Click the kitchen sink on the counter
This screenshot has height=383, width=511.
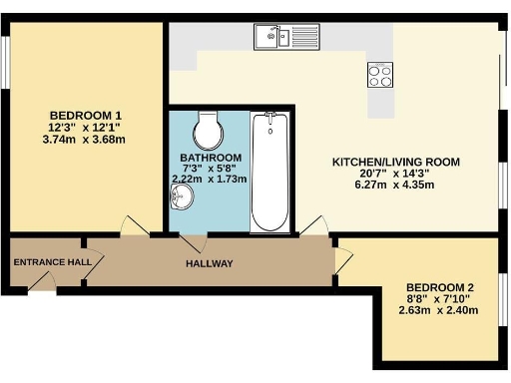pyautogui.click(x=272, y=38)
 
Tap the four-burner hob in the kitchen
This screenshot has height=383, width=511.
pyautogui.click(x=381, y=74)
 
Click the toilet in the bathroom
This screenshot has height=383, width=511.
pyautogui.click(x=208, y=127)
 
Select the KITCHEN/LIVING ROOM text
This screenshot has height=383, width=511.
pyautogui.click(x=395, y=161)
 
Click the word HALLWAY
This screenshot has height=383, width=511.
pyautogui.click(x=210, y=263)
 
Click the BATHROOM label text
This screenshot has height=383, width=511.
pyautogui.click(x=211, y=159)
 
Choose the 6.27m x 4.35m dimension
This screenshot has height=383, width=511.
pyautogui.click(x=395, y=187)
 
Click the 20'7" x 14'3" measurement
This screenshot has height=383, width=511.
pyautogui.click(x=395, y=174)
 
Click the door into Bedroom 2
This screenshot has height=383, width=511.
pyautogui.click(x=343, y=259)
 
